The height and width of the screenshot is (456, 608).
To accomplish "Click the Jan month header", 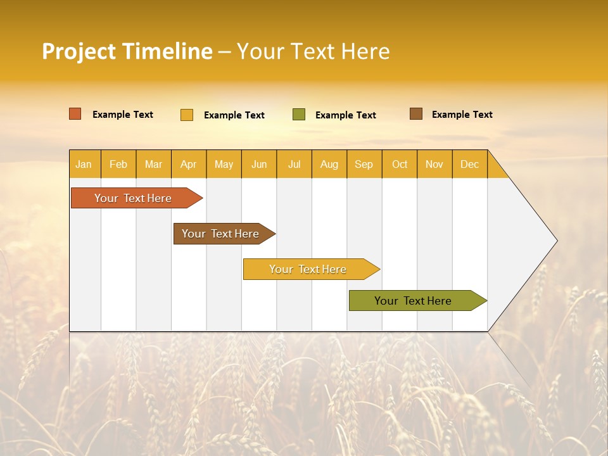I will (84, 164).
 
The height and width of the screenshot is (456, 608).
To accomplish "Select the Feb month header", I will (118, 164).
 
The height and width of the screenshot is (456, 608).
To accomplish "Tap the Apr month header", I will (189, 164).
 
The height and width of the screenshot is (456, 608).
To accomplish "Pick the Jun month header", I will (259, 164).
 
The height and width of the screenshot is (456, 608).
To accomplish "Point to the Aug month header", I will (329, 164).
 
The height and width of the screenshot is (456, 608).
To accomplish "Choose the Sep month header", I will (364, 164).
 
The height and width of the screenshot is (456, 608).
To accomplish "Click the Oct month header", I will (400, 164).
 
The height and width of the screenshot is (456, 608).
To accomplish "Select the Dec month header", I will (469, 164).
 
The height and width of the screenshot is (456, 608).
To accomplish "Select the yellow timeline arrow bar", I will (308, 269).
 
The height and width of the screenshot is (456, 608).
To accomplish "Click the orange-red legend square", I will (75, 114).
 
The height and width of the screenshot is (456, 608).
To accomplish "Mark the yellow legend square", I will (187, 115).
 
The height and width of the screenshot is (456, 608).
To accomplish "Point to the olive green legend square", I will (299, 115).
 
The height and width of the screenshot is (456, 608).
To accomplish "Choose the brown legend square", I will (416, 114).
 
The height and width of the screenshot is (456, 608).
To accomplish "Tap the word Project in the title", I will (79, 51).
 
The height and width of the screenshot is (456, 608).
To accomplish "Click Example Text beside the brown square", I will (462, 114).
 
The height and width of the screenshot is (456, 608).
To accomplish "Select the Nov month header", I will (434, 164).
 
